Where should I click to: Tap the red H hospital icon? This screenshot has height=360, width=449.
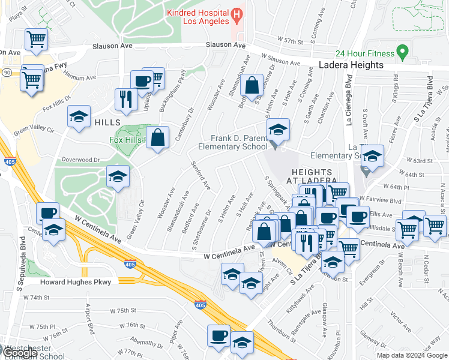pos(237,13)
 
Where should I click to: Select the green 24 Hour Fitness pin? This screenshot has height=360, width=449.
pos(403,50)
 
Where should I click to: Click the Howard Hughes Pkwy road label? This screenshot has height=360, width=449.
pos(75,281)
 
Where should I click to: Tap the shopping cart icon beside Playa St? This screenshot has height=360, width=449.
pos(36,40)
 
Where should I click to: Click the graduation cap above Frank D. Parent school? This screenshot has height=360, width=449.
pos(278,129)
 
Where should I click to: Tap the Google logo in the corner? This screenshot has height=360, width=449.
pos(19,353)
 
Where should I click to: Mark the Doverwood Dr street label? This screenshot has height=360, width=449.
pos(80,160)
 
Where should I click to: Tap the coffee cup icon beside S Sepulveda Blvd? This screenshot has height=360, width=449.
pos(47,214)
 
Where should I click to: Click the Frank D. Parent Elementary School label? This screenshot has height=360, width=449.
pos(238,142)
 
